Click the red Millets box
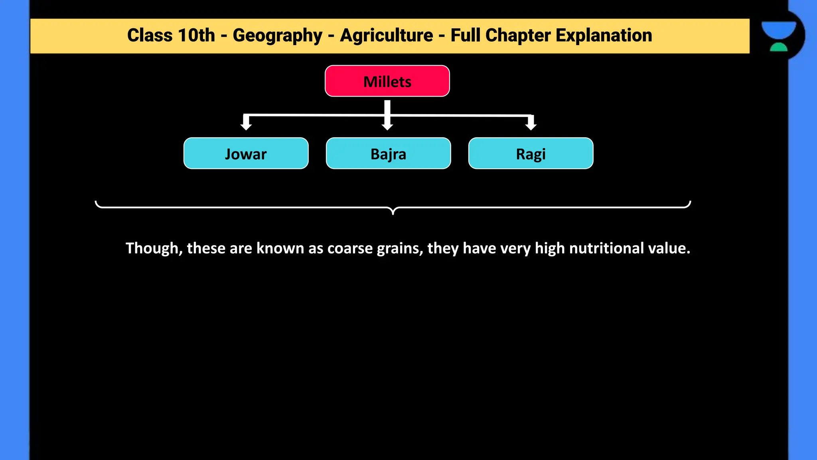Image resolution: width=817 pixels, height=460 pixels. point(387,81)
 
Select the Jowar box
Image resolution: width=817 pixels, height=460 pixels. point(246,153)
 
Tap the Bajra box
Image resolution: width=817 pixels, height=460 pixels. point(388,153)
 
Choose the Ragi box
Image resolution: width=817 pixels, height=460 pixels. point(531,153)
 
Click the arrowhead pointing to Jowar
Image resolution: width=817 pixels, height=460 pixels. point(246,125)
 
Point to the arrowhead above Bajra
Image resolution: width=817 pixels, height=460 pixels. point(387,126)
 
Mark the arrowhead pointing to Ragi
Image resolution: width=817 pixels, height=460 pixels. point(531,125)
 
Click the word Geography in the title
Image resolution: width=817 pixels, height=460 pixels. point(277,36)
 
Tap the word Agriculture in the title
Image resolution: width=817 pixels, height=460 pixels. point(386,36)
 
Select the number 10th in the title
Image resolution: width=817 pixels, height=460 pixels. point(196,36)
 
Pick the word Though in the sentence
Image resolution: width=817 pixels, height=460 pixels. point(154,248)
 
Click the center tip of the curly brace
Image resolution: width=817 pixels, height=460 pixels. point(393,212)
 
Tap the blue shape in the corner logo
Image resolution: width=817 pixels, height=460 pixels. point(778,30)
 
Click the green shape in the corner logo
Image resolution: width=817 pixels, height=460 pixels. point(778,48)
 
